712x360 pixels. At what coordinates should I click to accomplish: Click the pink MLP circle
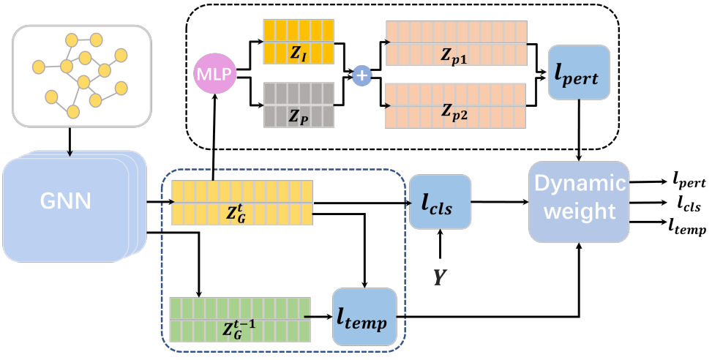[214, 74]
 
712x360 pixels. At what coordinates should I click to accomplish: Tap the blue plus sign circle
[361, 75]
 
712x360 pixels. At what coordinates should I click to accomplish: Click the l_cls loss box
[441, 200]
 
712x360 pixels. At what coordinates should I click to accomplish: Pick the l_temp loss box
[364, 317]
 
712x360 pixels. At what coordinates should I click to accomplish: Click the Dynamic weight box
[579, 202]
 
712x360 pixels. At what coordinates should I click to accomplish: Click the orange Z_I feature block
[298, 42]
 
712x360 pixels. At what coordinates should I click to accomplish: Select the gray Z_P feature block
[298, 105]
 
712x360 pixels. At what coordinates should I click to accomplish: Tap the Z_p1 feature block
[456, 42]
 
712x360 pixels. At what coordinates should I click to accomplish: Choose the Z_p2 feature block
[456, 106]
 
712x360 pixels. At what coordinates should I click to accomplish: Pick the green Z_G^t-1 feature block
[239, 318]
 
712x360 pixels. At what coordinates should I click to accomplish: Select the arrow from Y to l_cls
[440, 244]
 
